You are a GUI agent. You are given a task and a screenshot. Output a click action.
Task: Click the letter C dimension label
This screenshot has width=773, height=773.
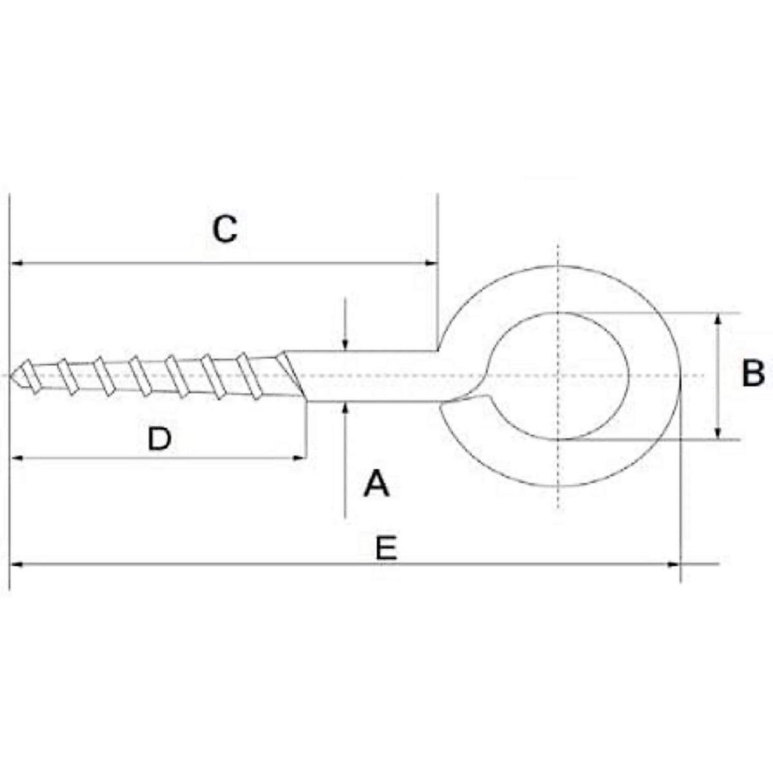pos(225,229)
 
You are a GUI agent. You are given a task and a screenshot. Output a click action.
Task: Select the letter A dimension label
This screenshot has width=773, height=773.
pos(377,484)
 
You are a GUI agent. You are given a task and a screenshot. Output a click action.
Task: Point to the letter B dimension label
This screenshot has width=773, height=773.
pos(752,374)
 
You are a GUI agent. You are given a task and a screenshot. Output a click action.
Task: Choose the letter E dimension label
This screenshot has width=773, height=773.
pos(386,549)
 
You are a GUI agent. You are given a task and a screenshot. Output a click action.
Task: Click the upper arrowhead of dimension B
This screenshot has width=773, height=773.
pos(718,320)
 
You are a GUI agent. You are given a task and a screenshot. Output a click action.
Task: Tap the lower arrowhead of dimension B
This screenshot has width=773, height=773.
pos(718,433)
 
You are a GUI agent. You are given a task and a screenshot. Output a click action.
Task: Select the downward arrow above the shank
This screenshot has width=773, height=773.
pos(346,344)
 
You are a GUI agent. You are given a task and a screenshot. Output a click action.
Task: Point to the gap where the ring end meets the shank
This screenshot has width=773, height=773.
pos(463,403)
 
